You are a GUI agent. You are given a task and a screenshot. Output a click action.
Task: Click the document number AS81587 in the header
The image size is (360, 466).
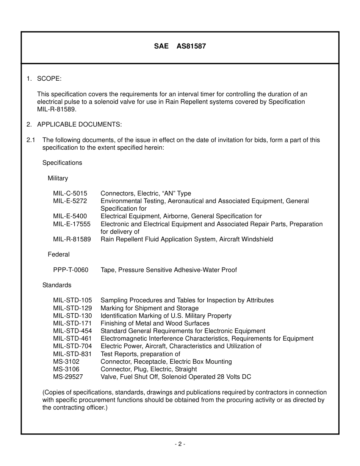point(191,47)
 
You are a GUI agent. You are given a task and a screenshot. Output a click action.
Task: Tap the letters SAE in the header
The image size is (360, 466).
point(161,47)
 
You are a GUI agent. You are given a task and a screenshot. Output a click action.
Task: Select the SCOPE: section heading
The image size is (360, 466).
point(49,79)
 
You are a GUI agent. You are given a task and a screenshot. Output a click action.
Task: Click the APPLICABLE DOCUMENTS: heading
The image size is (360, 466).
point(79,125)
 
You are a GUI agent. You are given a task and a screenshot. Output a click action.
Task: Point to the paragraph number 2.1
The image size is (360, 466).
point(31,140)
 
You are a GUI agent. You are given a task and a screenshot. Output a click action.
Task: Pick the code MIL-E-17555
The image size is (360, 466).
point(72,224)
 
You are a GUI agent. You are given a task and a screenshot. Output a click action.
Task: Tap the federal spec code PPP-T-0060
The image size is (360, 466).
point(70,270)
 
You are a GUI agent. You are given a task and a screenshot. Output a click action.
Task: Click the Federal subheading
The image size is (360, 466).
point(59,254)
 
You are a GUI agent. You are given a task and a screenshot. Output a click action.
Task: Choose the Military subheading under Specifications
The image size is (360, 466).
point(58,178)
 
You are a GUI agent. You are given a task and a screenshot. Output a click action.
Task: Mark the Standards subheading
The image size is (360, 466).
point(57,285)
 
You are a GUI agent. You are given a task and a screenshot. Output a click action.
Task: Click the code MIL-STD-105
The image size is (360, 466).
point(72,300)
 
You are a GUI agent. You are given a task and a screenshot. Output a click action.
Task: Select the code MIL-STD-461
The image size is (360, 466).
point(72,338)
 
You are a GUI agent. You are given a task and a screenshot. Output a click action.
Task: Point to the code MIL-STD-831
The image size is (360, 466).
point(72,354)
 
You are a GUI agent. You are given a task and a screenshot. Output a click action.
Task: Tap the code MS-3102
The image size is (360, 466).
point(66,361)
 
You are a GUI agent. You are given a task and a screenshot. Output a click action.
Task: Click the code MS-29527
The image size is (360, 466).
point(68,377)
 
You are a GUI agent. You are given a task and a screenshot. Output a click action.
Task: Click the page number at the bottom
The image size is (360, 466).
point(180,444)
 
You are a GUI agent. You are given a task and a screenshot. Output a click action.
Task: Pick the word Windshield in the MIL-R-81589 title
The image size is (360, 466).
point(257,239)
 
